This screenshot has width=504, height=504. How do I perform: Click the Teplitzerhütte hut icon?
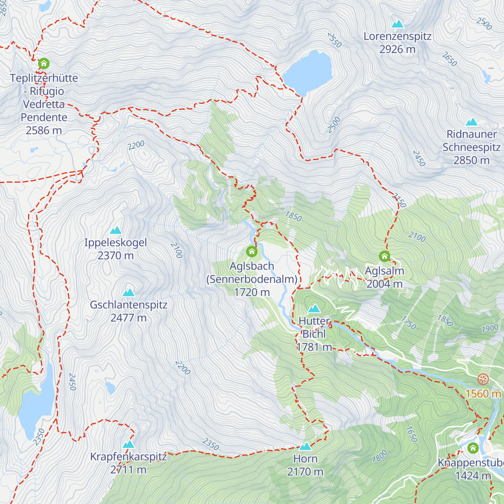tap(44, 64)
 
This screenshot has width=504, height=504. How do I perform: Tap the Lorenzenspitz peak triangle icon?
tap(397, 24)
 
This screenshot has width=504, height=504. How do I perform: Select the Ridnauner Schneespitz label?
tap(471, 147)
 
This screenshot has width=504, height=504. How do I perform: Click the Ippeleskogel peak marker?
tap(115, 231)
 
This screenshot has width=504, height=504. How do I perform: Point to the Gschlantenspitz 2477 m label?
tap(129, 311)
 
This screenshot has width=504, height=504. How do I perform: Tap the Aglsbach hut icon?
tap(252, 252)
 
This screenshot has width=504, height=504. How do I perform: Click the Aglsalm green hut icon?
tap(384, 256)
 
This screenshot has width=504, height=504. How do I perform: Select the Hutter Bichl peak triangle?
tap(314, 309)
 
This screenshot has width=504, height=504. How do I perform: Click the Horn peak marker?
tap(305, 446)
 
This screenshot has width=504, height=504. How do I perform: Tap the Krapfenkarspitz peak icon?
tap(128, 444)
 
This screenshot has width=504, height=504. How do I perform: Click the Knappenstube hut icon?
tap(473, 448)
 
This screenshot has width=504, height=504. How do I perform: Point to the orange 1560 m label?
tap(483, 394)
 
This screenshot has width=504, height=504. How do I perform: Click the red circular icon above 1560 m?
tap(483, 380)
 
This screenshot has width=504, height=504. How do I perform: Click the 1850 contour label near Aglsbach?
tap(293, 216)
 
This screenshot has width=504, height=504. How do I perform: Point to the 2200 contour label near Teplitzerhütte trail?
tap(136, 145)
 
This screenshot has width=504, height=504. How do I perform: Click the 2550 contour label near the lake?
tap(334, 40)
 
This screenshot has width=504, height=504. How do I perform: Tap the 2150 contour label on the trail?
tap(399, 200)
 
